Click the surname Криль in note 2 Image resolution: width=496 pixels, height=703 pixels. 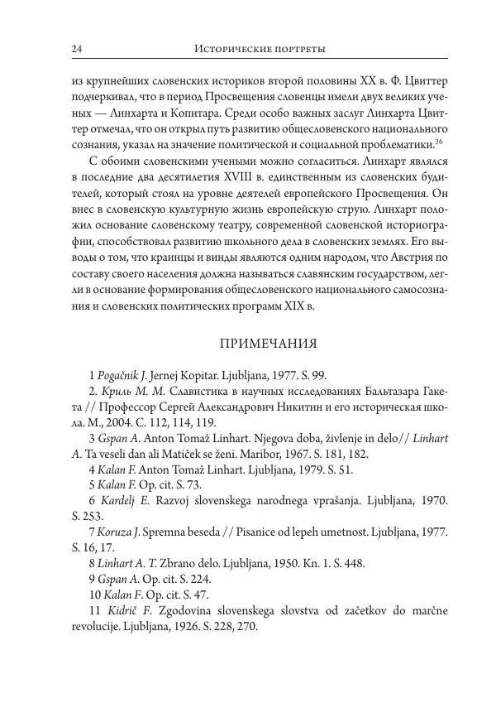click(117, 391)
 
